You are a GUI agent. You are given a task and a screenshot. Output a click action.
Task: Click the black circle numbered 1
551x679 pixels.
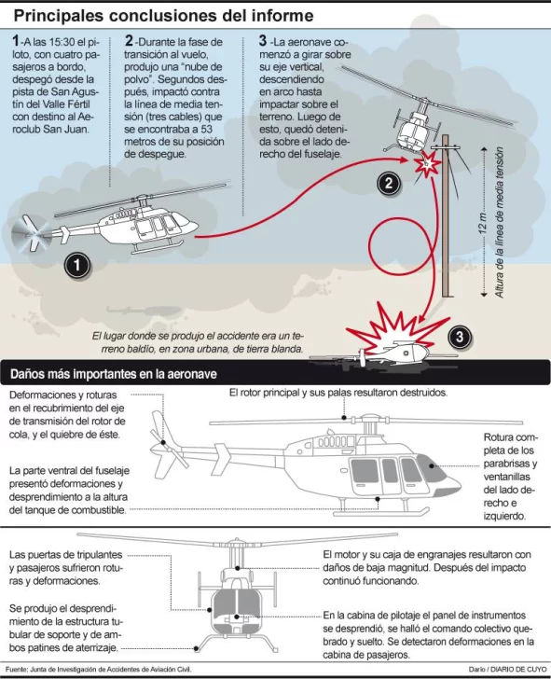(76, 265)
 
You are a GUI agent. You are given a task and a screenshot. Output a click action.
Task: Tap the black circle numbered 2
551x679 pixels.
(388, 183)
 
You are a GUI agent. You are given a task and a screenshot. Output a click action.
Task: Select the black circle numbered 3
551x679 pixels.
(460, 337)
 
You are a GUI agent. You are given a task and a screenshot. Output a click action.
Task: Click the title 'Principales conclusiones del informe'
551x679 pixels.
(163, 16)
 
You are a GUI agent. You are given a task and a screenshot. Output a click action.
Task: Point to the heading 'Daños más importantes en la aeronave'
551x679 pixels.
(114, 374)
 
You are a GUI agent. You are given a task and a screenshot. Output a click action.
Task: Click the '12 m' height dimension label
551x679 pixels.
(483, 224)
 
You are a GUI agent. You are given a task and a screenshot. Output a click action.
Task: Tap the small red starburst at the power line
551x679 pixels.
(427, 163)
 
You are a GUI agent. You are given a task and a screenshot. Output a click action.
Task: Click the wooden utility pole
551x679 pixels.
(448, 215)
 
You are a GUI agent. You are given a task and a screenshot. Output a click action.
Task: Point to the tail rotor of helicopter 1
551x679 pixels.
(31, 233)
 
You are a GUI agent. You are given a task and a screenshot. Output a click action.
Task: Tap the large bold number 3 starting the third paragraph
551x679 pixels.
(263, 41)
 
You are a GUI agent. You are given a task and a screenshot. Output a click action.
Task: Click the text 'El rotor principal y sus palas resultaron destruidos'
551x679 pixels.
(338, 393)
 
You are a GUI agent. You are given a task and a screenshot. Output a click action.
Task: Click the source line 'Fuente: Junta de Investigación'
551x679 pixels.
(98, 670)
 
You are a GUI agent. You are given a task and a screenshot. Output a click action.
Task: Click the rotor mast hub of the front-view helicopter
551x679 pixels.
(236, 542)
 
